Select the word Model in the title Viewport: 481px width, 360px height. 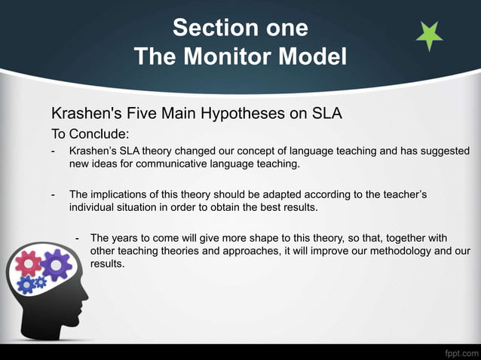point(315,56)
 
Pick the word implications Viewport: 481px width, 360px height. point(122,194)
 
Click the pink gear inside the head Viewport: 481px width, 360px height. point(29,262)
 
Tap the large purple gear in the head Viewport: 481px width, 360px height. point(55,264)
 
